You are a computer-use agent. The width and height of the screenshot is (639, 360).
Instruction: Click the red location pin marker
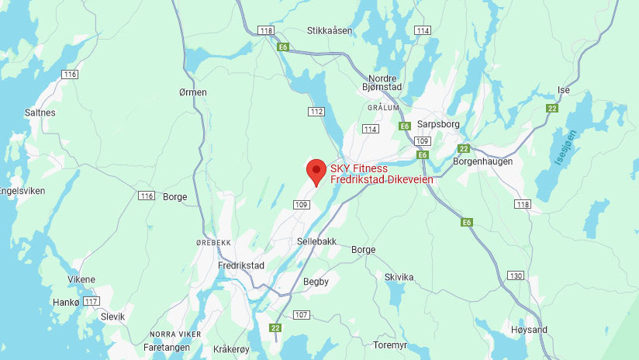coord(316,171)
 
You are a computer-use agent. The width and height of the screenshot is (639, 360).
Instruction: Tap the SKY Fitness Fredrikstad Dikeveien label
coord(381,174)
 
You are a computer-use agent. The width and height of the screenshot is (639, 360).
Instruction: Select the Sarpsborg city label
coord(439,124)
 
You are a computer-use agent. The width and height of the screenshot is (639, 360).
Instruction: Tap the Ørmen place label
coord(192,92)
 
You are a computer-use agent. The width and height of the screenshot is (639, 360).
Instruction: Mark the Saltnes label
coord(40,112)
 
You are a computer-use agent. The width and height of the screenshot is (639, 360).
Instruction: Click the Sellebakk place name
coord(316,241)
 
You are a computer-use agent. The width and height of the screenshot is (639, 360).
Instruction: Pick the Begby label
coord(316,282)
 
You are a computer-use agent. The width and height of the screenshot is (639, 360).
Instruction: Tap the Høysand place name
coord(529,330)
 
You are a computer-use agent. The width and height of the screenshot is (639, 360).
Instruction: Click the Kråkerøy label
coord(232,349)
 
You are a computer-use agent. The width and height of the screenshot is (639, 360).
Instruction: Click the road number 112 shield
coord(316,112)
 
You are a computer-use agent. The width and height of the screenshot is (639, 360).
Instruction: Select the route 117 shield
coord(92,301)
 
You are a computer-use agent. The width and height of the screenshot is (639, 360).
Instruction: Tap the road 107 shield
coord(302,314)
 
